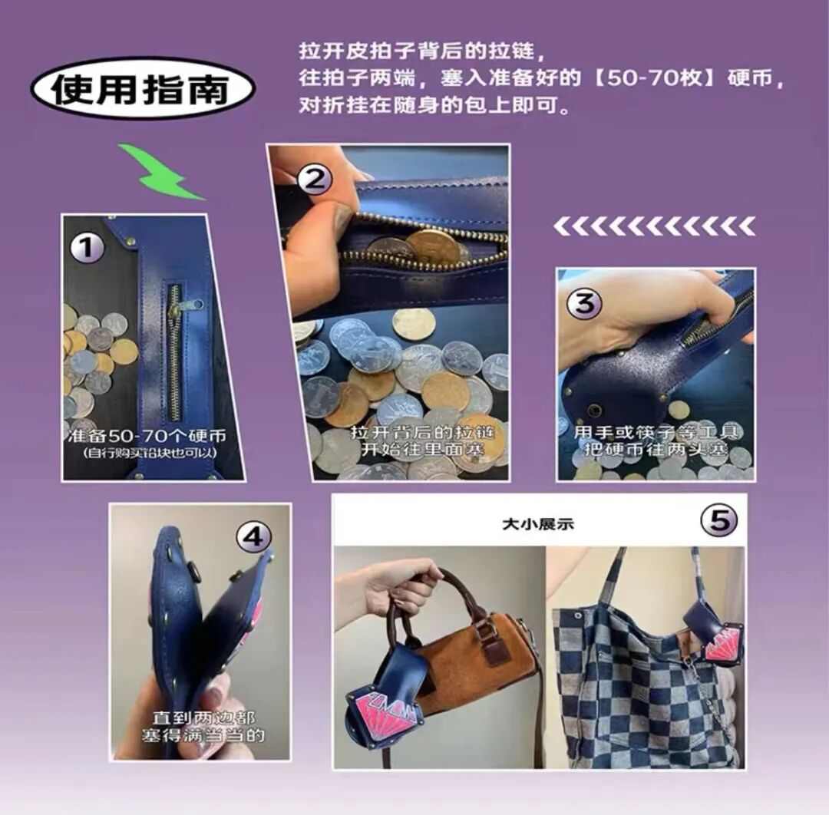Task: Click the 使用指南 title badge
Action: tap(142, 87)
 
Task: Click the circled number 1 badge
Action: tap(87, 248)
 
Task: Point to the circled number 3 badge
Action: tap(605, 303)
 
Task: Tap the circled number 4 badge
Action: tap(253, 537)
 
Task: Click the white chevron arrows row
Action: tap(654, 226)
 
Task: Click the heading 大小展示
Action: tap(538, 525)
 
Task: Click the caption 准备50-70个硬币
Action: tap(146, 434)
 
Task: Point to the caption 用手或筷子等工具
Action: tap(654, 432)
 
